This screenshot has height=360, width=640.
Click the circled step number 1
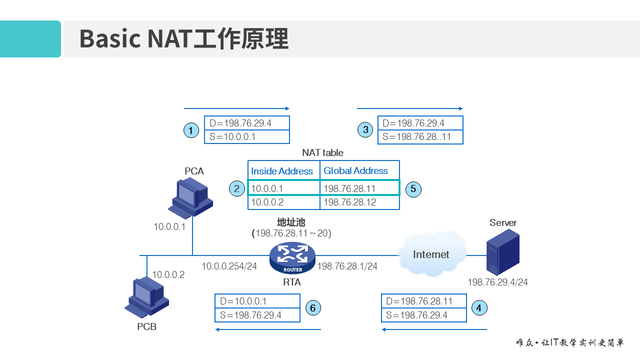(x=191, y=130)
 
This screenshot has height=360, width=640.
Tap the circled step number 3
(x=365, y=130)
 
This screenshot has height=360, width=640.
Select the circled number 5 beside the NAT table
(x=413, y=189)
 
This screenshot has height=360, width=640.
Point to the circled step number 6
(x=312, y=308)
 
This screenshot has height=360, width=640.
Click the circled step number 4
(x=479, y=308)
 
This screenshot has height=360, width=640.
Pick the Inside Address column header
(x=282, y=171)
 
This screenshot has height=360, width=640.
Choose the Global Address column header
(x=356, y=170)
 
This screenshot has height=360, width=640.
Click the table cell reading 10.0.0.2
(x=267, y=202)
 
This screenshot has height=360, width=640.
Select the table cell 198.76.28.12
(x=350, y=202)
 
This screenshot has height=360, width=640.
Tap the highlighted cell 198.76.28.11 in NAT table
(x=350, y=188)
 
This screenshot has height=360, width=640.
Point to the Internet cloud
(x=431, y=254)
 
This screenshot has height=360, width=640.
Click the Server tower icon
(x=502, y=252)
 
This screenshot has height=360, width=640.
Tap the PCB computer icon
(x=146, y=297)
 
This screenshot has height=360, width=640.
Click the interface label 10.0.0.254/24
(x=229, y=266)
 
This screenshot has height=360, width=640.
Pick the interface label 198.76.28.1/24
(x=347, y=266)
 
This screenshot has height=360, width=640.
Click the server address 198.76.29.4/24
(x=497, y=282)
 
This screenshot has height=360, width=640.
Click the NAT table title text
(x=322, y=152)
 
